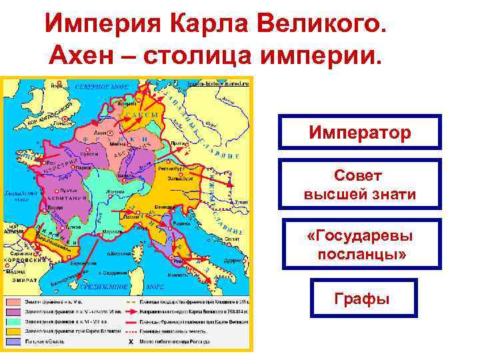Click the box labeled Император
[360, 132]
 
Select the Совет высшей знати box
[360, 185]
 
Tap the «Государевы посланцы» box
[360, 245]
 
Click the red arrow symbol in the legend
[131, 312]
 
